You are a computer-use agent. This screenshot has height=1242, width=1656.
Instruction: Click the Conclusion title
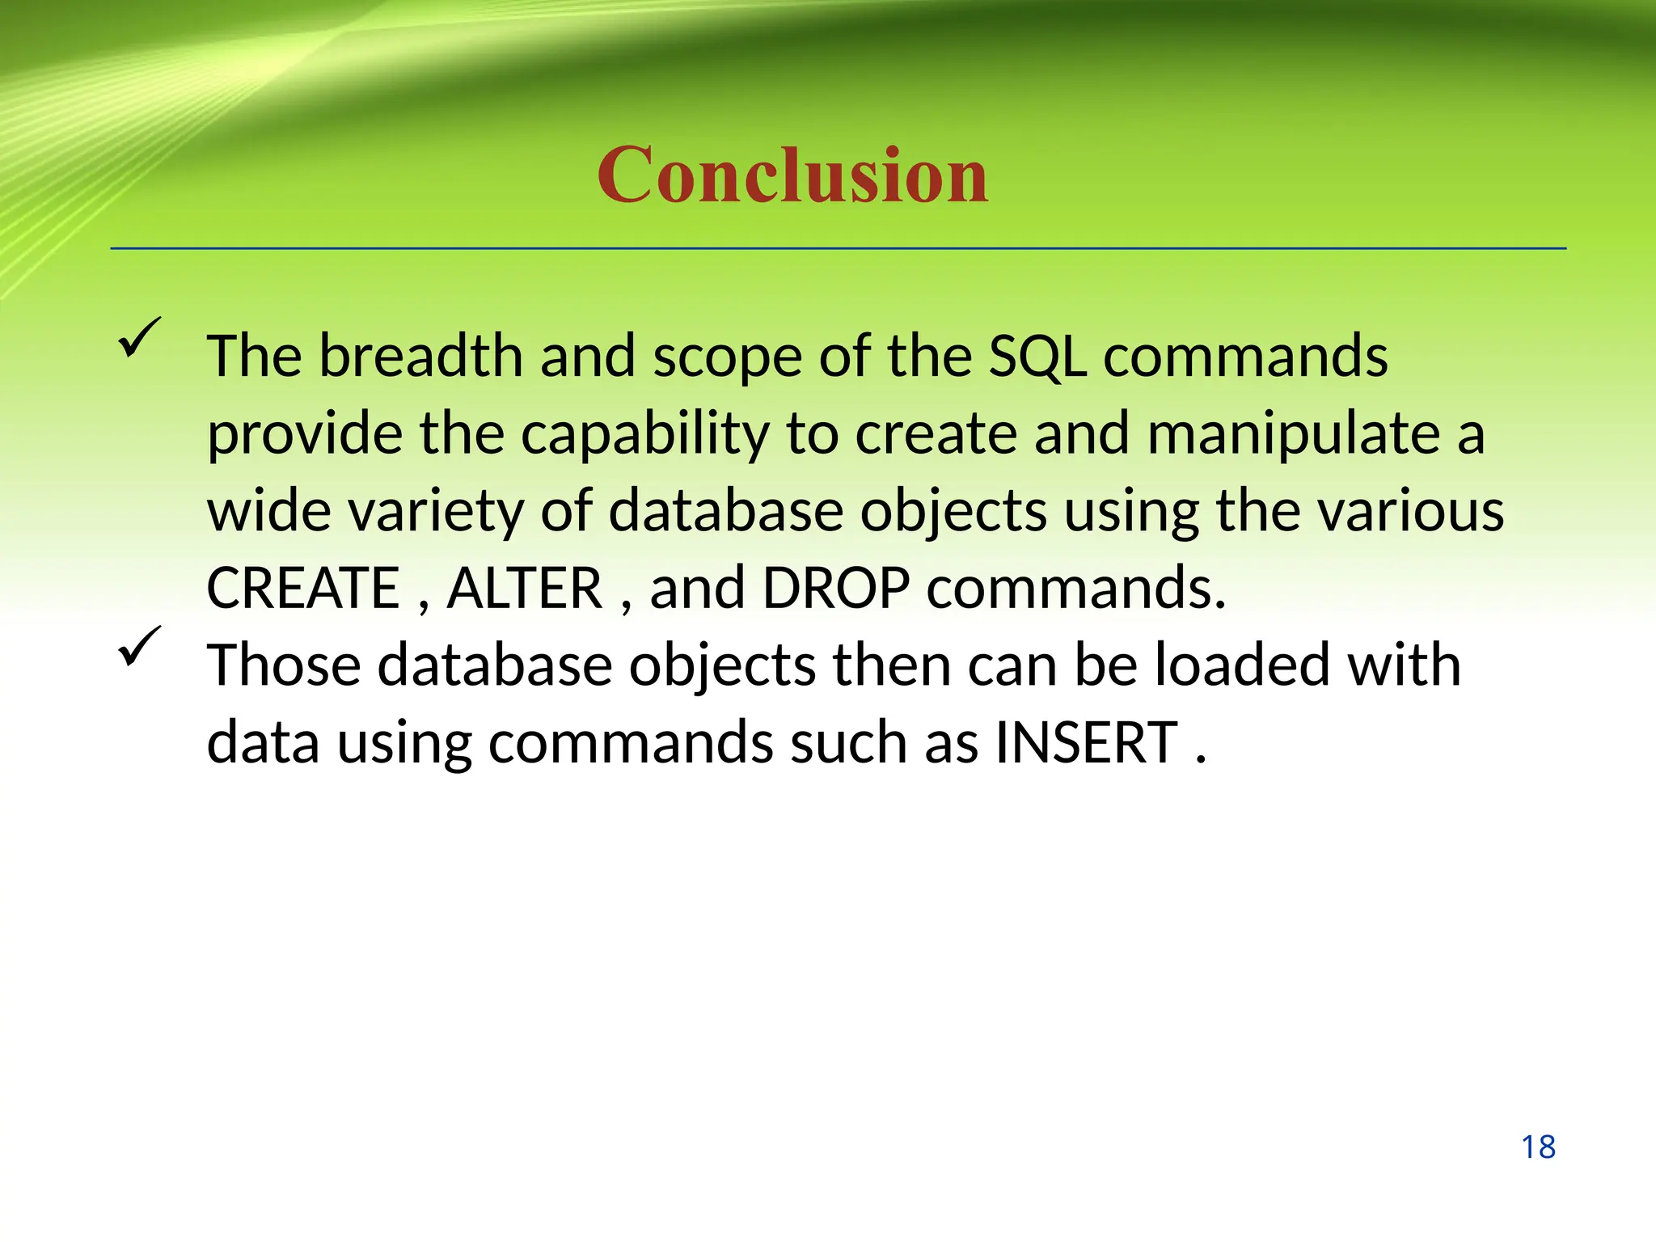[792, 175]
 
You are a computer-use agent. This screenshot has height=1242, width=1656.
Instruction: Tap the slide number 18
[1538, 1147]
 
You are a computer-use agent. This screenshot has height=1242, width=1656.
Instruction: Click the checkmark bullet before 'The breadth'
[139, 338]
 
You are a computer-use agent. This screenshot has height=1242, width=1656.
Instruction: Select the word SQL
[1037, 356]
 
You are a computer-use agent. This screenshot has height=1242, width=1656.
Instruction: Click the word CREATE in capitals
[303, 588]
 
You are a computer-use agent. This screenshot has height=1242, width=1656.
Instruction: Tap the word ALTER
[525, 588]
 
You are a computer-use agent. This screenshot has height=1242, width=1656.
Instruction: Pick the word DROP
[836, 588]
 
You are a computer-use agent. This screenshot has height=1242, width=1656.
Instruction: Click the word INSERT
[1086, 742]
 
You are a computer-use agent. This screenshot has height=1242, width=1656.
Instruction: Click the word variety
[435, 512]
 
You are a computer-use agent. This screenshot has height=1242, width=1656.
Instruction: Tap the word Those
[283, 665]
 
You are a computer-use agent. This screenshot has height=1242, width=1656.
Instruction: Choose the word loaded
[1242, 665]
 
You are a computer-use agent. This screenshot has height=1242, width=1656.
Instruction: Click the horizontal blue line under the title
[838, 248]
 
